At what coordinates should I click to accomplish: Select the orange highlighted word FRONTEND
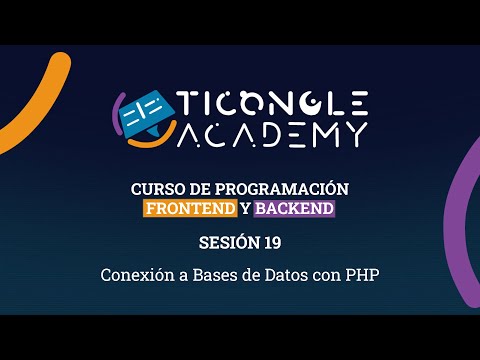[x=190, y=209]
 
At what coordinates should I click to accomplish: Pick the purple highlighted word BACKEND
[x=294, y=209]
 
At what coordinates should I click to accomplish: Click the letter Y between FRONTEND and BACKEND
[x=245, y=209]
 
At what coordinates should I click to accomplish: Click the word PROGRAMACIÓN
[x=290, y=189]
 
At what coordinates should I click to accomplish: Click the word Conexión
[x=135, y=273]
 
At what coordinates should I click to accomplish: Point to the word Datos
[x=281, y=273]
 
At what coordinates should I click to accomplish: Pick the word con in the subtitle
[x=324, y=273]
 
